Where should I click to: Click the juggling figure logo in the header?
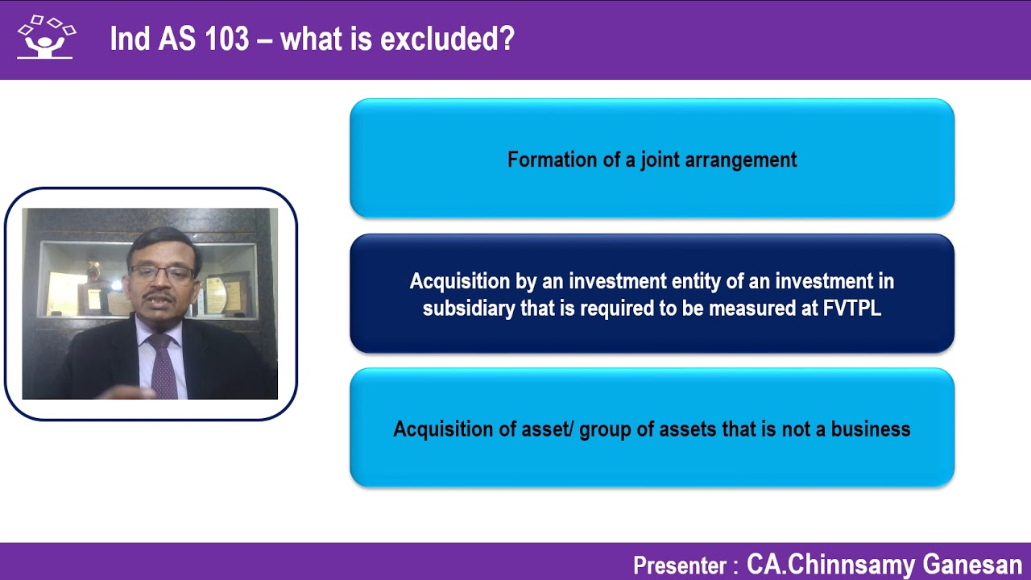[x=45, y=38]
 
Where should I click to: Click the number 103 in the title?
[x=226, y=39]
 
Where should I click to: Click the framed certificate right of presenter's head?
[x=216, y=294]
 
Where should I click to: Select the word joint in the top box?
[x=660, y=159]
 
